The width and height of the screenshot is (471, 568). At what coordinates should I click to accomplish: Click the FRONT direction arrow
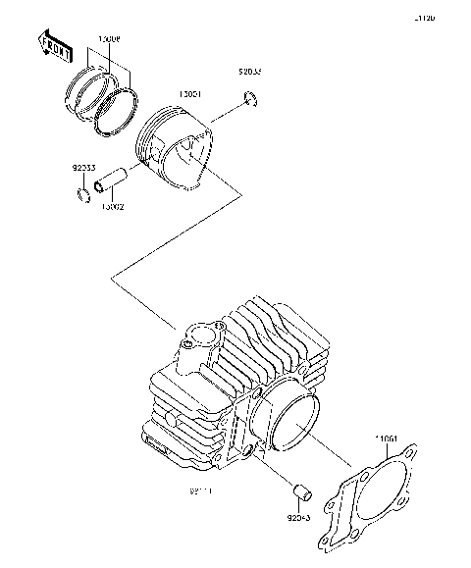click(54, 45)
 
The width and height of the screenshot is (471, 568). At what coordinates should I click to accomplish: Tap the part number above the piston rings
click(109, 39)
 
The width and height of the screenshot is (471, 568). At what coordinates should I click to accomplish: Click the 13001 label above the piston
click(188, 95)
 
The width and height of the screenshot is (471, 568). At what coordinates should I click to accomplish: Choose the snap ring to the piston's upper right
click(250, 97)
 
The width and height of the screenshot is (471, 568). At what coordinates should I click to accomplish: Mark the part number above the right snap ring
click(250, 72)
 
